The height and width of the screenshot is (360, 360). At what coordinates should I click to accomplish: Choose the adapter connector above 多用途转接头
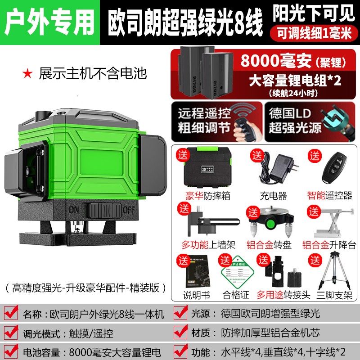click(x=279, y=272)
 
